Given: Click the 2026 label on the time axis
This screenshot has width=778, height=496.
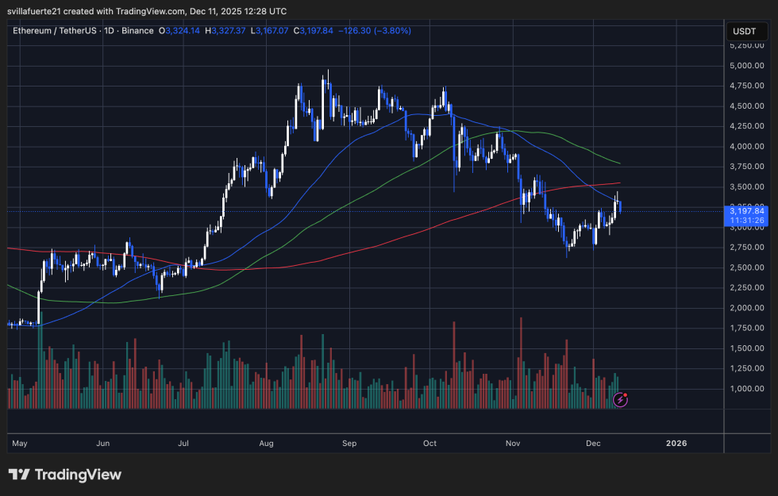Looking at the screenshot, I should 676,443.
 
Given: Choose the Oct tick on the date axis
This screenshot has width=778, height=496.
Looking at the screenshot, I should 430,443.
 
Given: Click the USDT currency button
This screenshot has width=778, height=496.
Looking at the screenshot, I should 745,31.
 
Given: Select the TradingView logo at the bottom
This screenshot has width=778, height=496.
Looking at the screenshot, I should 65,475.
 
